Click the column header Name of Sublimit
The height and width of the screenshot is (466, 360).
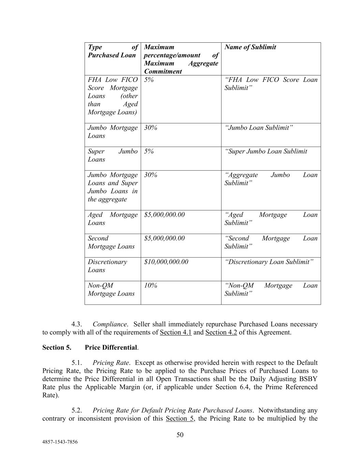point(250,47)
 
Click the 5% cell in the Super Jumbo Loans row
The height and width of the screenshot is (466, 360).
point(149,151)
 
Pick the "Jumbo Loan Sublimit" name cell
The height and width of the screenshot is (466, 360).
point(259,128)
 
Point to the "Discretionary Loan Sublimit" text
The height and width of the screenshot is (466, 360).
point(269,262)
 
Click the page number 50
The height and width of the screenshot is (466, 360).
point(180,435)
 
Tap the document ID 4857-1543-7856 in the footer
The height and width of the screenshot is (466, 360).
point(60,442)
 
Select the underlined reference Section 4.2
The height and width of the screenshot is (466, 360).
point(221,332)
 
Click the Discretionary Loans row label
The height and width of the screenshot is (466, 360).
point(107,266)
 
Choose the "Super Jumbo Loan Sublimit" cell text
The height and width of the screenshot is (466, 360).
point(266,151)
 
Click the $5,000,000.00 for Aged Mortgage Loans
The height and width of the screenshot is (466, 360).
point(164,215)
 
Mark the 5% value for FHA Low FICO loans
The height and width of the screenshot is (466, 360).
point(149,80)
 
